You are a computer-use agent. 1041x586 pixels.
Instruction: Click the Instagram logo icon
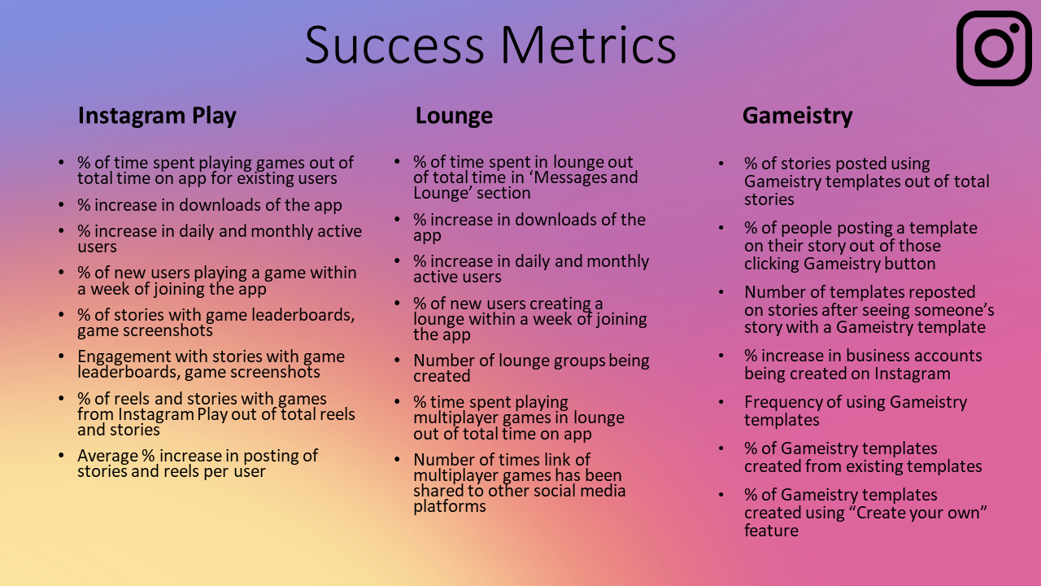coord(994,48)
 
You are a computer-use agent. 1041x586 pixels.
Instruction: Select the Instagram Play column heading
coord(157,116)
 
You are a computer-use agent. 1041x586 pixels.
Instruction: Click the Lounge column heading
coord(454,116)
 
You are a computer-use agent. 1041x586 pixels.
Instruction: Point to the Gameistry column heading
coord(798,116)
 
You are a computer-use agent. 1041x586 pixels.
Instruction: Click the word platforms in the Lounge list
coord(450,506)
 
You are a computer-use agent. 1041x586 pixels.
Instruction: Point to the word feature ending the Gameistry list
coord(772,531)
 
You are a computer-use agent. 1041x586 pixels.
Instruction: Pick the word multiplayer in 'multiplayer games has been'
coord(456,476)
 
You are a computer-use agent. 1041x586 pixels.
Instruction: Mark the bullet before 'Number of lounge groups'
coord(398,361)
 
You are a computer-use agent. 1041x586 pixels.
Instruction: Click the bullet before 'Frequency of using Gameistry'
coord(721,402)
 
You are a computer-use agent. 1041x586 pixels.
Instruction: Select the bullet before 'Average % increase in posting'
coord(61,455)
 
